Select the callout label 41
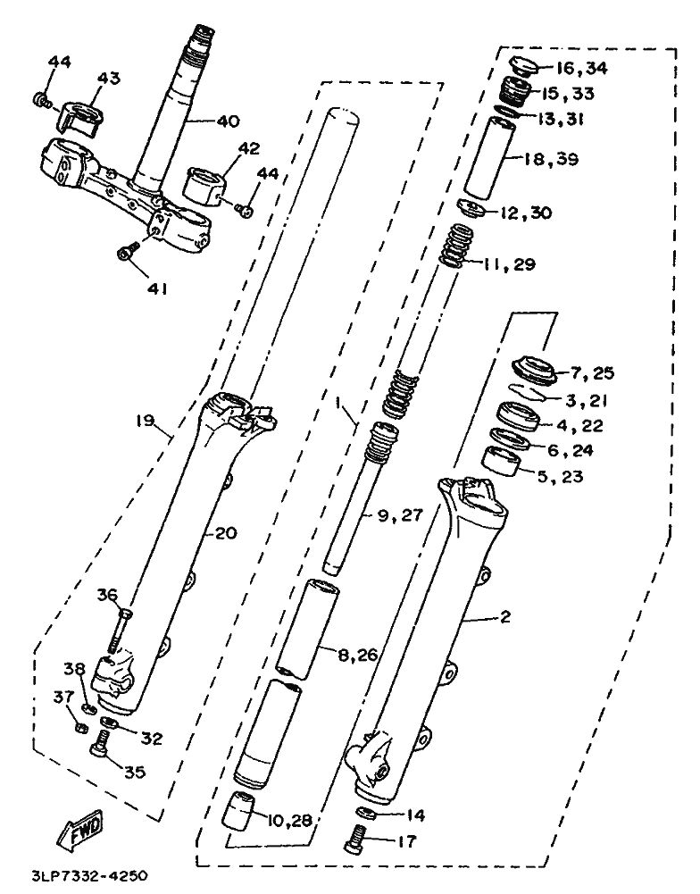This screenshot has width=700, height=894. click(x=158, y=288)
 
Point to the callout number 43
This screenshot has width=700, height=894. click(x=108, y=79)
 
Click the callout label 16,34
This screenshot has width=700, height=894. click(x=580, y=69)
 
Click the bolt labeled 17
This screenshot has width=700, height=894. click(x=356, y=838)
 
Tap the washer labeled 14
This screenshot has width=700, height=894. click(x=364, y=811)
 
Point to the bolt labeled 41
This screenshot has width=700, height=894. click(x=127, y=253)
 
